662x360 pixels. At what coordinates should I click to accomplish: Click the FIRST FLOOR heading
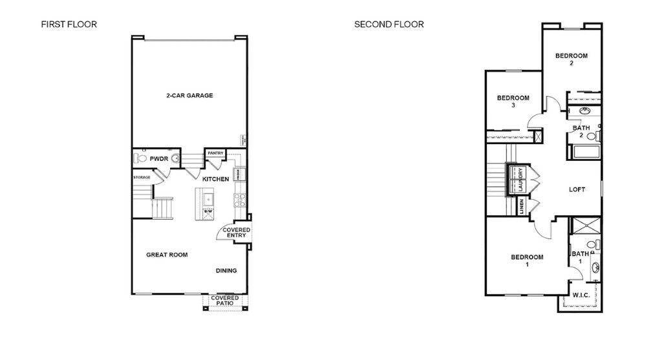point(69,25)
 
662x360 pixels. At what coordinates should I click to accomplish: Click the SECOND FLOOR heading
point(389,25)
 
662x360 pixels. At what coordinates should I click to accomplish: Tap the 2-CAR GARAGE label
point(189,96)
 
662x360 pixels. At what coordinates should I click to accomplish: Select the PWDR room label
point(158,158)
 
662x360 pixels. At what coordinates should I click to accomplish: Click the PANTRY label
point(215,153)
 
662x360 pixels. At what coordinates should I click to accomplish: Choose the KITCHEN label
point(215,179)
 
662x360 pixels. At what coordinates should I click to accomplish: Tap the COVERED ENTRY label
point(235,233)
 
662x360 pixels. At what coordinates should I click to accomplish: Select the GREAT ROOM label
point(167,255)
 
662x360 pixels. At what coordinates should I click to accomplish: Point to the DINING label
point(226,271)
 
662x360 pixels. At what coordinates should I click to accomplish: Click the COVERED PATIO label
point(225,301)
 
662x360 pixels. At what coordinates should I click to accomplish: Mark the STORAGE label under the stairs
point(142,177)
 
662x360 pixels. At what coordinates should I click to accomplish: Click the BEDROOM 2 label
point(571,59)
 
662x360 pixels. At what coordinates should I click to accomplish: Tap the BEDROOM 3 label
point(513,101)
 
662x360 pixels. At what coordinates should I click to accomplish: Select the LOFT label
point(577,189)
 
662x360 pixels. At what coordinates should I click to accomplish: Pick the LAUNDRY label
point(520,180)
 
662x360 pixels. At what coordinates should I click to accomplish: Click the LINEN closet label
point(521,207)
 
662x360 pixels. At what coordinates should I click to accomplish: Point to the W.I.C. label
point(581,295)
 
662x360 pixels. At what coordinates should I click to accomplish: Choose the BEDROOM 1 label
point(527,260)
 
